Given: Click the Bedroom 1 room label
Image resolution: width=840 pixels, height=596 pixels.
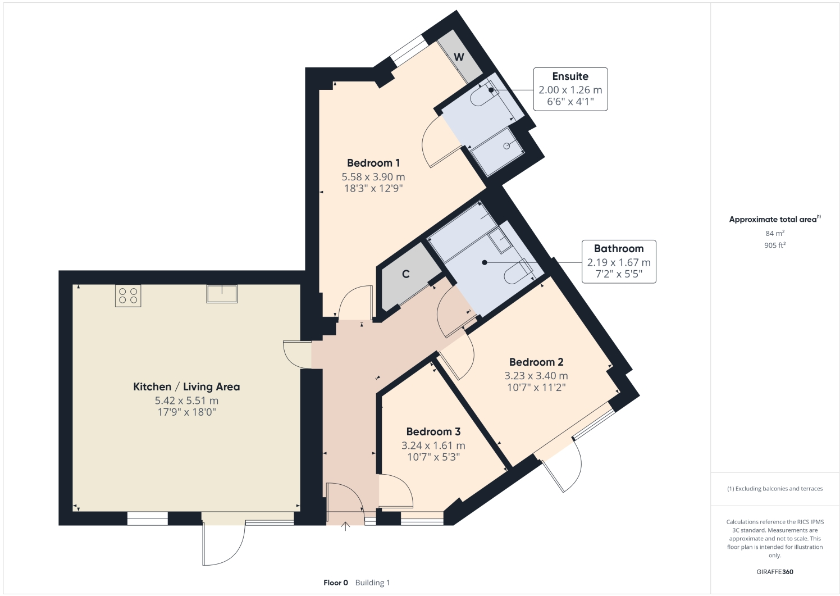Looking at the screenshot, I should point(373,163).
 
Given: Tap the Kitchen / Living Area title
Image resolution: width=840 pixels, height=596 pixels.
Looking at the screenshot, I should point(186,386).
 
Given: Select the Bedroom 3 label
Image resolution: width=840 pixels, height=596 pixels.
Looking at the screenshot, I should point(433,431).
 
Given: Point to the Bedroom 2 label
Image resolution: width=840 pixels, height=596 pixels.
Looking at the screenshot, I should point(536,362).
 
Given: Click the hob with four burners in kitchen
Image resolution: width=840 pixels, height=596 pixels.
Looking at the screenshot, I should point(128,295).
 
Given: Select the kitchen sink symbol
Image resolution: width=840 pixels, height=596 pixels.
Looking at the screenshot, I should point(222,294).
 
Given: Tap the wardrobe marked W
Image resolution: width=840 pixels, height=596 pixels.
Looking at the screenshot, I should point(459,57).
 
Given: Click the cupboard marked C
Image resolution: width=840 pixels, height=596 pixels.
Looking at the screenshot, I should point(406,274).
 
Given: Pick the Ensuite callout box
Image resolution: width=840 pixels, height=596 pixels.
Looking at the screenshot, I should point(570,89).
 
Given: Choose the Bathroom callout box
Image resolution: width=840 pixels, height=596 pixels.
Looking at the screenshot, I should point(619,261).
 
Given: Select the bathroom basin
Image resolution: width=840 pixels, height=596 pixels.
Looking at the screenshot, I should point(499,240).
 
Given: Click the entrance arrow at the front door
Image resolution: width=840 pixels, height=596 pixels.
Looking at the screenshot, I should point(345,526).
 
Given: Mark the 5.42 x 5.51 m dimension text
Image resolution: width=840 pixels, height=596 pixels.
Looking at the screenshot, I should point(186,401).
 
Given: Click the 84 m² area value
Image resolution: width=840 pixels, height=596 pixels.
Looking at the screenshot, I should point(774,233).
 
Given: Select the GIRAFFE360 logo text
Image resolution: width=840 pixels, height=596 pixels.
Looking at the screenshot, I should point(775,572).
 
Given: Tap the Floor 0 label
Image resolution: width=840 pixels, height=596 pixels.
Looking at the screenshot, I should point(336,583).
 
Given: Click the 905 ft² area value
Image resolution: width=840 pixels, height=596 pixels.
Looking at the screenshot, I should point(774,245).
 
